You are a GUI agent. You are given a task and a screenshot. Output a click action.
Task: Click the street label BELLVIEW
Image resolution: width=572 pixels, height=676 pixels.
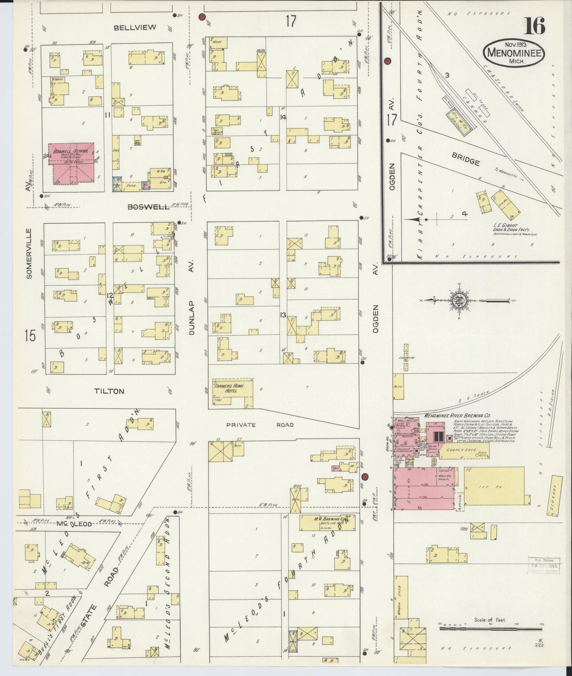(x=135, y=27)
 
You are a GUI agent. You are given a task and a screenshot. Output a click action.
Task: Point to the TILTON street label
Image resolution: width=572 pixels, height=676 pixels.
(x=109, y=391)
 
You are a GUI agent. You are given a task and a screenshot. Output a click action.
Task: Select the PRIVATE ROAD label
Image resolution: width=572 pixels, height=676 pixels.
(x=260, y=425)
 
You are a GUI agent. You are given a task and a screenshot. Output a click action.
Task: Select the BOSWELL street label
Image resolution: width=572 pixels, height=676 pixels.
(x=148, y=207)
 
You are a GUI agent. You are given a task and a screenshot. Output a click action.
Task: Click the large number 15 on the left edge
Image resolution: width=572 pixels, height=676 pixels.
(x=30, y=336)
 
